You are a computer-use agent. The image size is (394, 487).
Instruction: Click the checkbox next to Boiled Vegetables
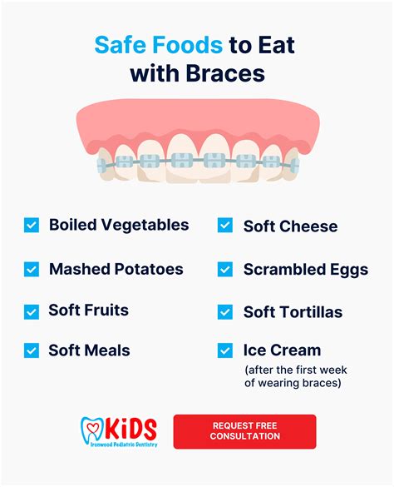coord(32,225)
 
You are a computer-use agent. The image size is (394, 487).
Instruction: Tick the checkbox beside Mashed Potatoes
coord(32,269)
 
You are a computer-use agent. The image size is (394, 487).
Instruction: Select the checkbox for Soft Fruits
coord(32,311)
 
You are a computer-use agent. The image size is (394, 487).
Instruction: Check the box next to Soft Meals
coord(32,350)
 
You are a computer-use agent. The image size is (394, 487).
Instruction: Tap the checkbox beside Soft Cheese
coord(225,226)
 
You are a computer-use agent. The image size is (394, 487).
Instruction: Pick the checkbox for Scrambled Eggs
coord(225,269)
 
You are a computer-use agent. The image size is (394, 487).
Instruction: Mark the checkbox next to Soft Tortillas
coord(225,311)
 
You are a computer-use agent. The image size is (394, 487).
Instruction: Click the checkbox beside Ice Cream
coord(225,350)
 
